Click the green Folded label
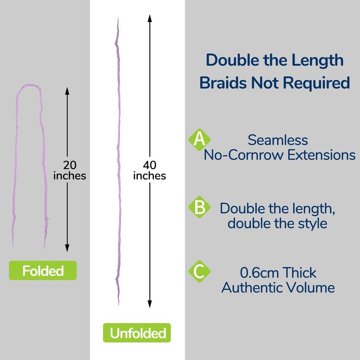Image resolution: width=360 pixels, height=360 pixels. click(x=43, y=271)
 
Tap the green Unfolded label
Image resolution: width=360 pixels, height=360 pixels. click(x=138, y=333)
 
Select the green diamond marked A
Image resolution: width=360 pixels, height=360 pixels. click(x=198, y=139)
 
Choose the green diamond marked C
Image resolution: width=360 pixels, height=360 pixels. click(x=198, y=272)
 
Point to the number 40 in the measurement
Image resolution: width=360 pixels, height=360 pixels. click(x=149, y=164)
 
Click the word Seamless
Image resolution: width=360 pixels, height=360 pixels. click(x=278, y=140)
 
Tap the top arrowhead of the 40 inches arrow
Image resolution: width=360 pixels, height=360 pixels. click(x=149, y=18)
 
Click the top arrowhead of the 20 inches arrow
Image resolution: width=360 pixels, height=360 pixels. click(x=67, y=90)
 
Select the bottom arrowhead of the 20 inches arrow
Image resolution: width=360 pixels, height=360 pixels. click(x=67, y=248)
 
